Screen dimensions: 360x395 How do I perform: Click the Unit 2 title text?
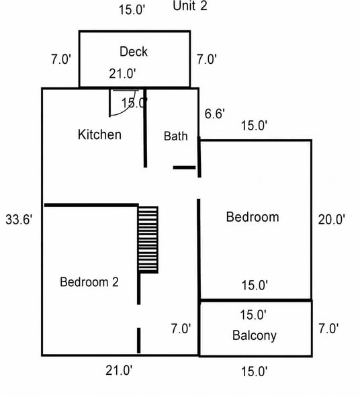click(x=190, y=5)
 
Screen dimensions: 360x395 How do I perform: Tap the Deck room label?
click(x=134, y=52)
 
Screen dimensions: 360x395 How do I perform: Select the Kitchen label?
click(x=99, y=134)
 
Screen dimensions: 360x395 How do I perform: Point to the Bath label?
click(x=175, y=136)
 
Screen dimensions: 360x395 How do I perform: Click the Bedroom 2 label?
click(x=89, y=282)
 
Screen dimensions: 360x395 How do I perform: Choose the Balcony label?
click(x=254, y=336)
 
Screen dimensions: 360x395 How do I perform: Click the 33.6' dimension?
click(x=19, y=220)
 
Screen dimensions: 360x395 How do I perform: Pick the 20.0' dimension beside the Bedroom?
click(x=331, y=220)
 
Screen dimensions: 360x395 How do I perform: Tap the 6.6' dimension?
click(x=214, y=114)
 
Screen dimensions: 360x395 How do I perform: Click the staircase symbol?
click(x=148, y=240)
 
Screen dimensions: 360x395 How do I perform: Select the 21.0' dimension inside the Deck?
click(x=122, y=74)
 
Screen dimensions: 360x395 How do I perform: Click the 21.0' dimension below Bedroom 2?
click(x=119, y=371)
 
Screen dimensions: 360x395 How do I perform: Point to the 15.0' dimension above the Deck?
click(x=132, y=10)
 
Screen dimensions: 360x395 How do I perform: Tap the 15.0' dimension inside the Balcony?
click(x=253, y=315)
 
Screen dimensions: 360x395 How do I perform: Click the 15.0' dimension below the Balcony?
click(x=254, y=371)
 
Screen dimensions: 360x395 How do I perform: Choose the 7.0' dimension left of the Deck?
click(x=61, y=59)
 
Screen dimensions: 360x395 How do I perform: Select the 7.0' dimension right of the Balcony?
click(x=328, y=328)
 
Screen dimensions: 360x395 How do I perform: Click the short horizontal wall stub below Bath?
click(x=184, y=167)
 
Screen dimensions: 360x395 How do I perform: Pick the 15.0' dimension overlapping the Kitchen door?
click(x=134, y=103)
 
